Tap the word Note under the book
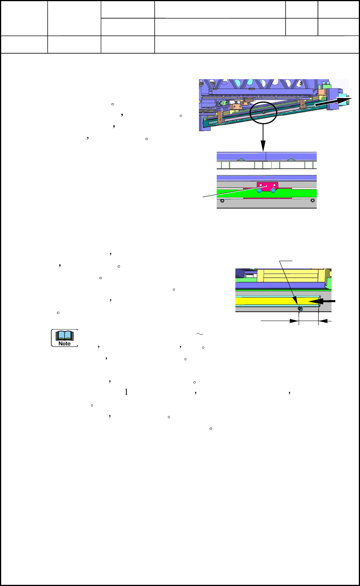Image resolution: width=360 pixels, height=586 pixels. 65,343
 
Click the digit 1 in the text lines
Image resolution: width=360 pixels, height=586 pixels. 126,392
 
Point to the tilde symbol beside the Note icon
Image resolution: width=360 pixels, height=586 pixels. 199,334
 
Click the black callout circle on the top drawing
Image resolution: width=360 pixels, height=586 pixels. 263,112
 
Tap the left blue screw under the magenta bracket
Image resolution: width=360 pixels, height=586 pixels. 259,190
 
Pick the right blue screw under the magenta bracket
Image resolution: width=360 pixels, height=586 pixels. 273,190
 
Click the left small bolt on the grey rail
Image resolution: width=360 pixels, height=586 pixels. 222,200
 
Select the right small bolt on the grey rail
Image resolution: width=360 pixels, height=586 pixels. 312,200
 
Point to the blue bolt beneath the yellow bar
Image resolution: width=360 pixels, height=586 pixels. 301,309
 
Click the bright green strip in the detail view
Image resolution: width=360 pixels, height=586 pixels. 232,193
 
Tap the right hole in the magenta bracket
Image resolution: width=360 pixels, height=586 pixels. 274,185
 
